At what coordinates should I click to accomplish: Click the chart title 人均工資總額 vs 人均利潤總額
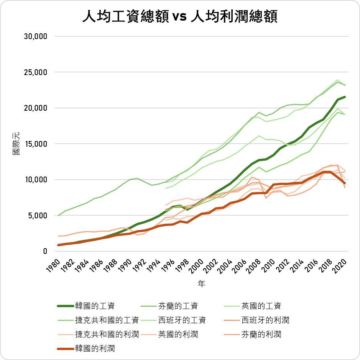tap(180, 17)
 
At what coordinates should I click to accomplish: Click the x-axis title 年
tap(202, 284)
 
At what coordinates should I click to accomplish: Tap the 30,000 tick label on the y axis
tap(35, 36)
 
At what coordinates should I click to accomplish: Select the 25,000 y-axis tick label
tap(35, 72)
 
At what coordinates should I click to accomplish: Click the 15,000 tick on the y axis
tap(35, 144)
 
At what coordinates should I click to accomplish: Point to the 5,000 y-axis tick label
tap(37, 215)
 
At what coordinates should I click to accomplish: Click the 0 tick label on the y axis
tap(44, 251)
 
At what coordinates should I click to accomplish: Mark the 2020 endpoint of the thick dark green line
tap(345, 97)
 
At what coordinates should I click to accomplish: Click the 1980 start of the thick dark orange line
tap(58, 245)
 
